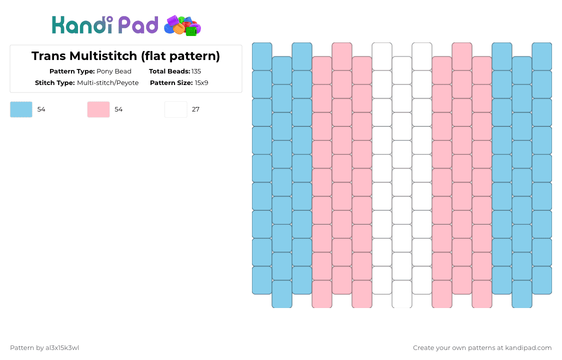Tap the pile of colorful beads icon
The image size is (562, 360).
182,25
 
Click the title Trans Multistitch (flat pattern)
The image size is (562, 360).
125,56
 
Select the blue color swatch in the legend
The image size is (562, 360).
21,109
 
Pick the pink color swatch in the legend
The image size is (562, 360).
98,109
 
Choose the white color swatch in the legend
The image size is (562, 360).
176,109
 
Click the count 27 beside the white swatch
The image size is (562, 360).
195,109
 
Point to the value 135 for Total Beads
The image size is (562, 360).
196,71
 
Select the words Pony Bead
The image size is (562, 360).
114,71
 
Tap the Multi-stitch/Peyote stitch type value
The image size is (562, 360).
107,83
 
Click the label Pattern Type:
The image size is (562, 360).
72,71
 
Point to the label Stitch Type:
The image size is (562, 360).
55,83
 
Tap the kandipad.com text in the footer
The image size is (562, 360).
529,348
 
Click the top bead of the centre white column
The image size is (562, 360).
402,70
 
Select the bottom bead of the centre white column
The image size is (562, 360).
402,294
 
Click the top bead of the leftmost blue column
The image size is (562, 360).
262,56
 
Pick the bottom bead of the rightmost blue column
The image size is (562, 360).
542,280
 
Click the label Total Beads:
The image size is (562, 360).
169,71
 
